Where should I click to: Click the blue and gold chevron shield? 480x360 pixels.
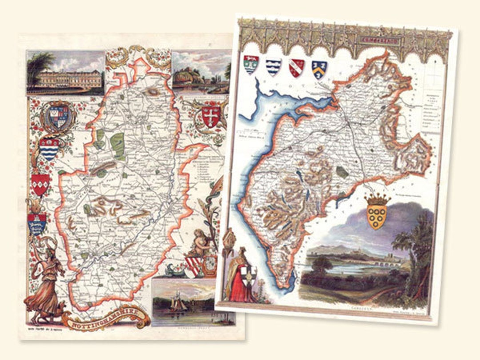[x=319, y=69]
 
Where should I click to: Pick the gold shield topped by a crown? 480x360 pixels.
[x=377, y=213]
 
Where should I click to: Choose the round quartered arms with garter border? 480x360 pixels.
[x=56, y=116]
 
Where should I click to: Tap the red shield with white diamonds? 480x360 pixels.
[x=40, y=184]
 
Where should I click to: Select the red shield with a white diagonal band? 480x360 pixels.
[x=296, y=68]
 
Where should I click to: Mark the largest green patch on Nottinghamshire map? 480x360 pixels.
[x=117, y=145]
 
